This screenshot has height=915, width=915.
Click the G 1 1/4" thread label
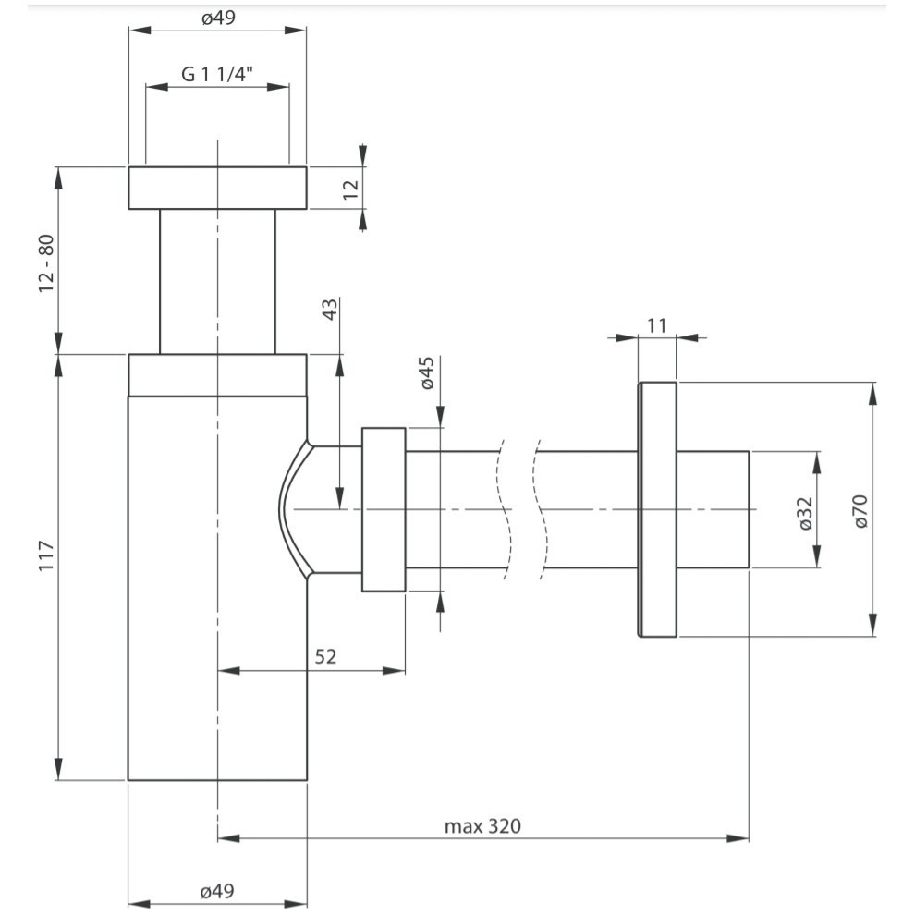(218, 75)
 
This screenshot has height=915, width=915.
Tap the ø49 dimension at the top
(217, 18)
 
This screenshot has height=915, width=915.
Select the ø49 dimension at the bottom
(217, 891)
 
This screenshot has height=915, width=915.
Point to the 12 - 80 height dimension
(46, 264)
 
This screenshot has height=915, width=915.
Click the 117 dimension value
(47, 556)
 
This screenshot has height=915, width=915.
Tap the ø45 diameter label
(427, 372)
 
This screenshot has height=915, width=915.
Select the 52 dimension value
(325, 656)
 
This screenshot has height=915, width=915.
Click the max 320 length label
(482, 825)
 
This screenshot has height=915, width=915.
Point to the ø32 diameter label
(804, 512)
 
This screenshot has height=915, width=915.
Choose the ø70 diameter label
(860, 510)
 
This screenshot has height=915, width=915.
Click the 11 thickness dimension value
(657, 324)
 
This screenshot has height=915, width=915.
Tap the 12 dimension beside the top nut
(350, 189)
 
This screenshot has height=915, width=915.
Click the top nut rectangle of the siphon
(217, 189)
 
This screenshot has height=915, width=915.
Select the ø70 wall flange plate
(657, 509)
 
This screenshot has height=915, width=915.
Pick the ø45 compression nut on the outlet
(384, 509)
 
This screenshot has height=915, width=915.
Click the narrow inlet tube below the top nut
(217, 281)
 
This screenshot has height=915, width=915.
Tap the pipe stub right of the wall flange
(712, 509)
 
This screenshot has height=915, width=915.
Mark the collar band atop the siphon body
(217, 374)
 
